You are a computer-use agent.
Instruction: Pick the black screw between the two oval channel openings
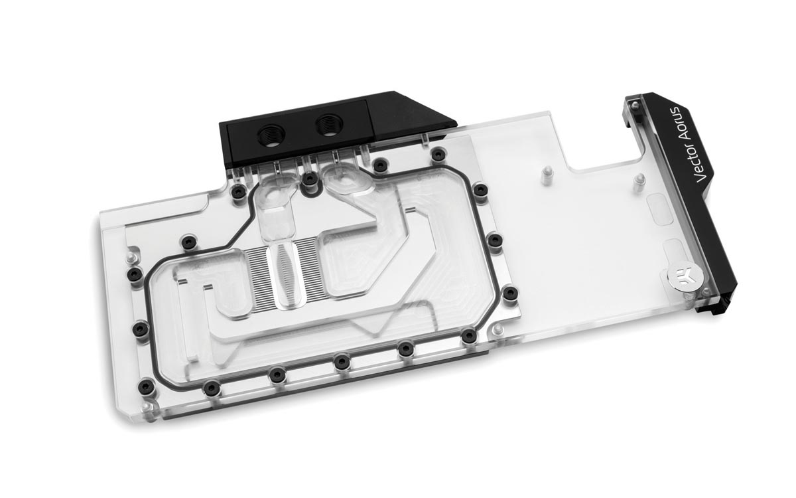(x=310, y=179)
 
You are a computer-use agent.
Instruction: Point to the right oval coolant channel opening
(x=344, y=181)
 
